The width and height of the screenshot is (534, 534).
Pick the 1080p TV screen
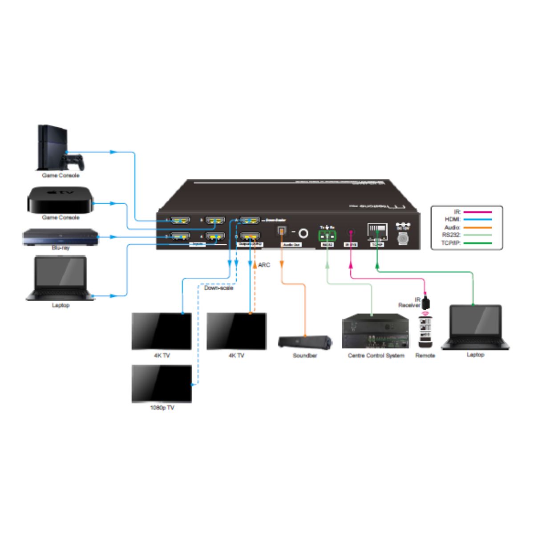[162, 384]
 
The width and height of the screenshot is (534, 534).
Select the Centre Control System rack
[375, 332]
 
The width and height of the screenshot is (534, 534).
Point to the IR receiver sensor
[427, 303]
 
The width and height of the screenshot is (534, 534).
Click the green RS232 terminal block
[327, 235]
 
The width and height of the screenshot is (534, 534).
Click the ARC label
[264, 265]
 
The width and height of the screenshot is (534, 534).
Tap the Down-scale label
[218, 288]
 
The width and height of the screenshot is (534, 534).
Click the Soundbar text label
[305, 356]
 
